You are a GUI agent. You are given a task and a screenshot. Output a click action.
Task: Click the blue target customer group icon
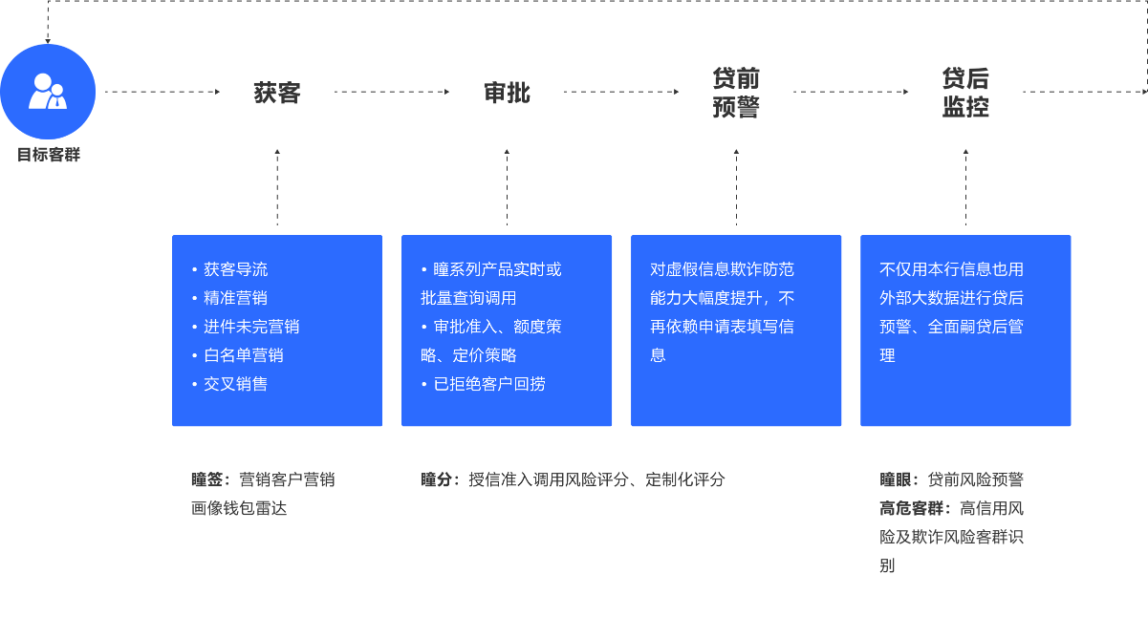[48, 92]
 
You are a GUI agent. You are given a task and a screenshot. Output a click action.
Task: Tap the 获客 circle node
[277, 93]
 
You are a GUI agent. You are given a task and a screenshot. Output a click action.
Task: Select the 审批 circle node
[507, 93]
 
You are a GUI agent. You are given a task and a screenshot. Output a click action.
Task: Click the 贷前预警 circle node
[736, 93]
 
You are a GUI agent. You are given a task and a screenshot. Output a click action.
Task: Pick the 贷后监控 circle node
[965, 93]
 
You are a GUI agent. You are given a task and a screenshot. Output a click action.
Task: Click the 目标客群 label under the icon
[48, 155]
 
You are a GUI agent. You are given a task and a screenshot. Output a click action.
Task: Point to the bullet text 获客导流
[235, 269]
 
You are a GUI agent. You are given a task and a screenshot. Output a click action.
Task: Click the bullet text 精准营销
[235, 298]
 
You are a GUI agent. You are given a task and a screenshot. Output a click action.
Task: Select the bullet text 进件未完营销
[250, 327]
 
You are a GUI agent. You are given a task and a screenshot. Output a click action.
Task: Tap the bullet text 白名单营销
[243, 355]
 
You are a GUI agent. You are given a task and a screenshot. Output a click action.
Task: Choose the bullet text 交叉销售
[235, 384]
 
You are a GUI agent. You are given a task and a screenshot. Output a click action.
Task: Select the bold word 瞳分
[436, 479]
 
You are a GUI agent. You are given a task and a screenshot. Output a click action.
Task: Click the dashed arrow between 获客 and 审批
[392, 92]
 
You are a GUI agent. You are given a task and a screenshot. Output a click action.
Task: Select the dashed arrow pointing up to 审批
[507, 186]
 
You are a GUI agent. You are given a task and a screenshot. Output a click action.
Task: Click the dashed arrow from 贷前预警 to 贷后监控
[851, 92]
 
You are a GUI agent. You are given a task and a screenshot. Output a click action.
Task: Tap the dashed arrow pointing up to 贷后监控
[965, 186]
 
